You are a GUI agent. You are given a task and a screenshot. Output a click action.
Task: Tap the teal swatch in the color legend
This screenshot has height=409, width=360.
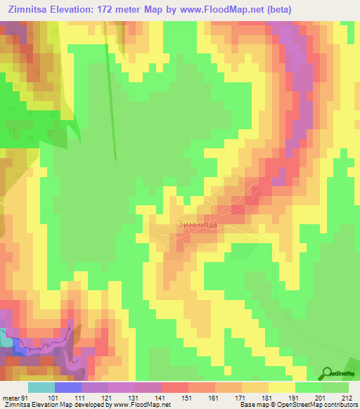coord(41,387)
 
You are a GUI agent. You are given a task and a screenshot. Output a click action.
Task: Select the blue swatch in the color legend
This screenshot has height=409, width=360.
coord(67,387)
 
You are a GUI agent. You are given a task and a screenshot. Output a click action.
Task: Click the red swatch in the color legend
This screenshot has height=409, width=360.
coord(174,387)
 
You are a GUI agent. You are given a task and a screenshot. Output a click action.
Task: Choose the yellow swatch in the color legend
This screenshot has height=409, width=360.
coord(281,387)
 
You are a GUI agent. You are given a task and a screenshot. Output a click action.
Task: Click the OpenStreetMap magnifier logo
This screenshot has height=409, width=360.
coord(328,372)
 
